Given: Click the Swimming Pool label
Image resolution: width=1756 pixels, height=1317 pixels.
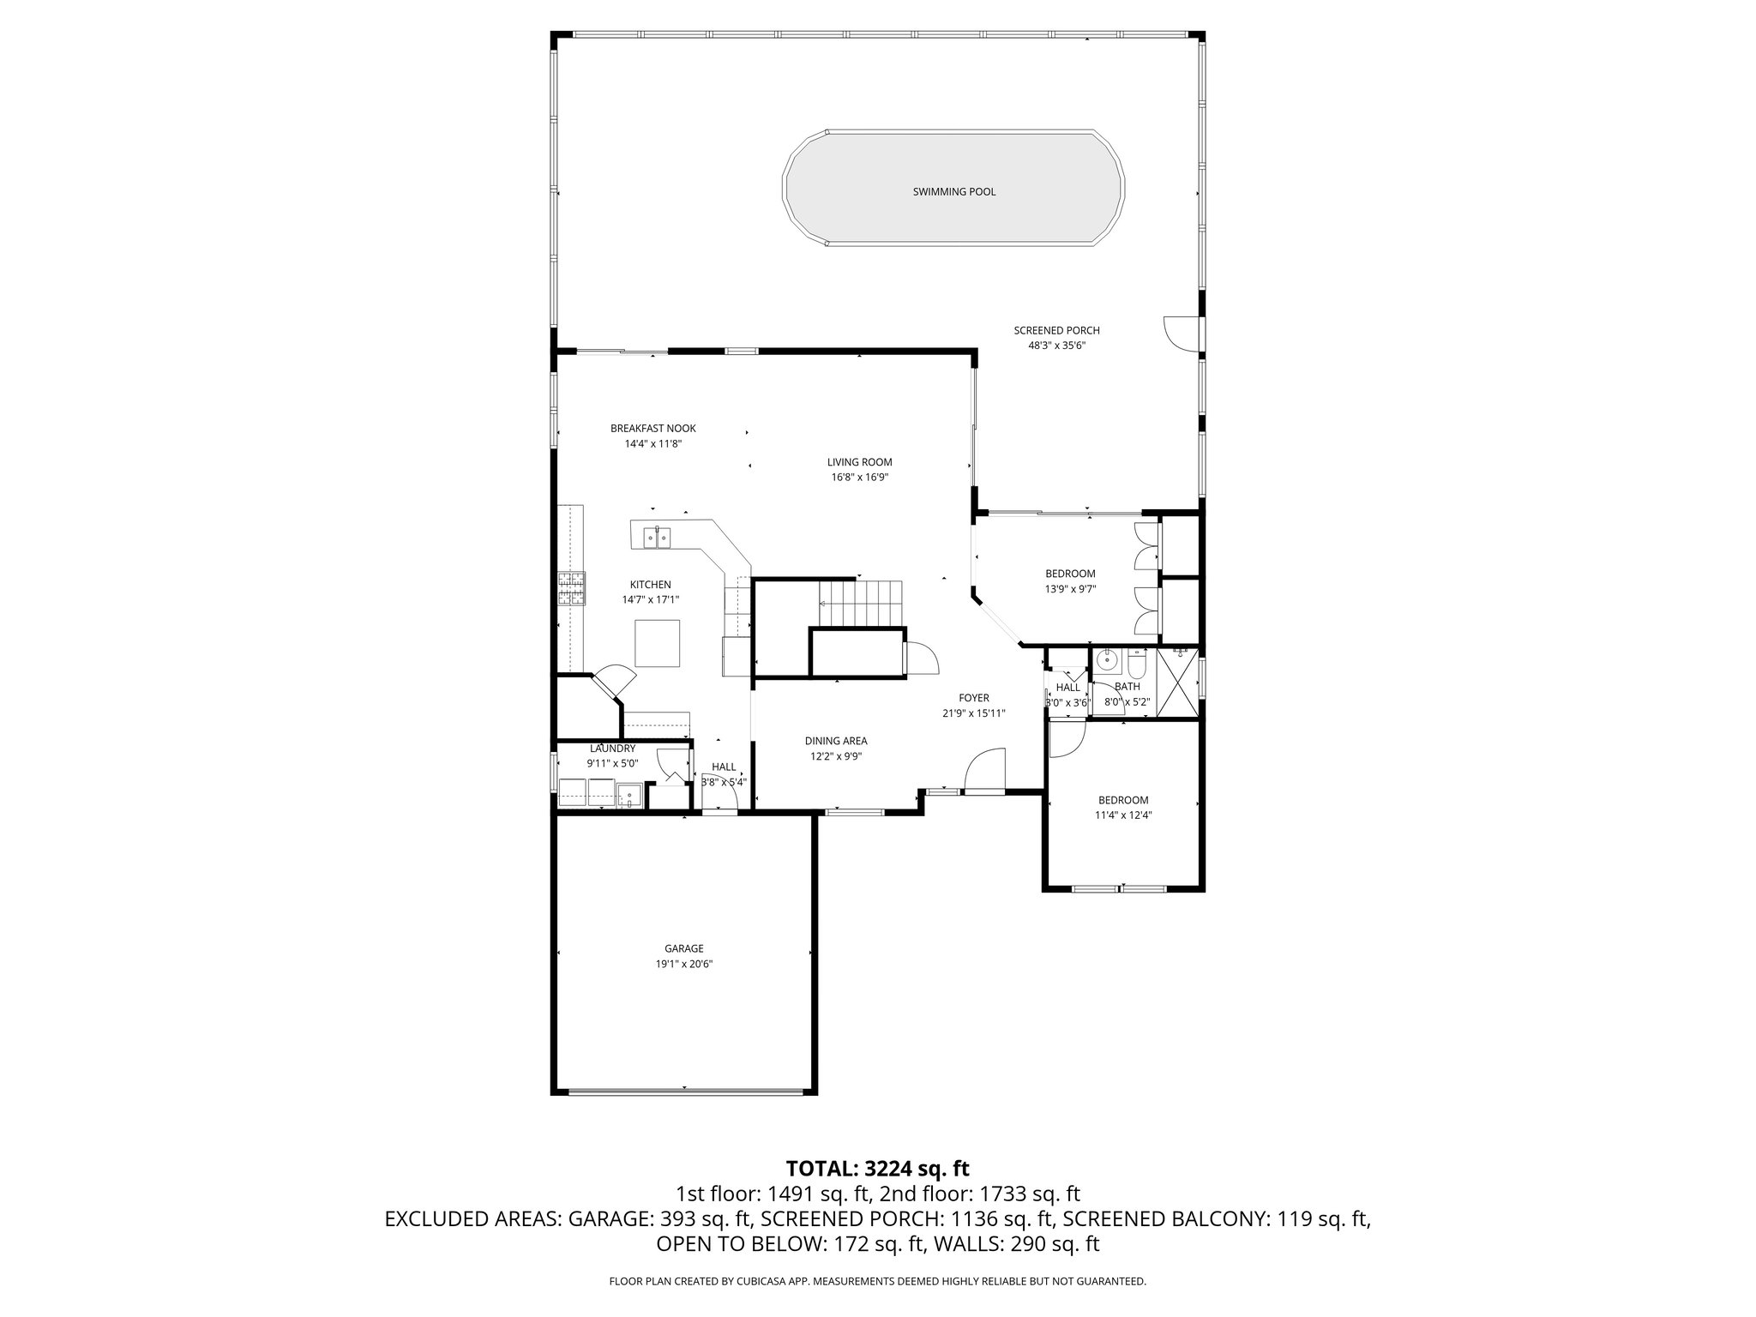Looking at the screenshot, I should point(953,192).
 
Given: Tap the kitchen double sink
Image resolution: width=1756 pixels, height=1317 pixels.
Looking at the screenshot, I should point(657,538).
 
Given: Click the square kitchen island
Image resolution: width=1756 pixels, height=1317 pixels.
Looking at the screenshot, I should point(658,643).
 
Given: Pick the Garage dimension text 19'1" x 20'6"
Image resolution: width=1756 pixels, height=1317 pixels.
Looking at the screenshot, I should point(683,964).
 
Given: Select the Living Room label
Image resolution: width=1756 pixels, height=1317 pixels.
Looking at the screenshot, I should point(859,462).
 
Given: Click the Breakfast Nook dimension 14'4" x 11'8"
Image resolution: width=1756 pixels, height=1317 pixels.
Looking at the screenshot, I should point(652,444).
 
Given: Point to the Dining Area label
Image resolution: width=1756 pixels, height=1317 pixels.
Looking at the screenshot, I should point(835,741).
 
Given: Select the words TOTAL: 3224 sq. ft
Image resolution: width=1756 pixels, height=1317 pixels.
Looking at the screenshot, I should point(877,1168).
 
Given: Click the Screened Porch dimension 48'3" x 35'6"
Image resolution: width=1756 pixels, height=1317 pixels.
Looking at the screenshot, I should point(1056,346).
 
